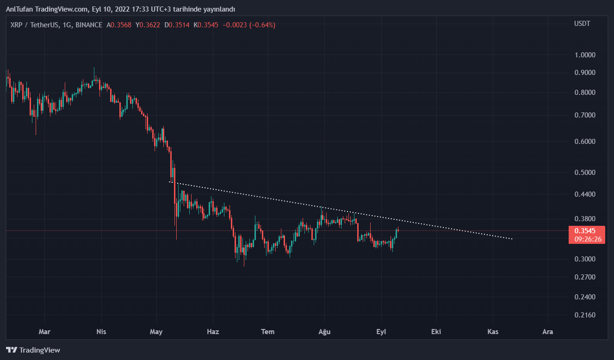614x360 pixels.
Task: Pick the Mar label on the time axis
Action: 44,332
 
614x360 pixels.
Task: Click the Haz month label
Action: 213,332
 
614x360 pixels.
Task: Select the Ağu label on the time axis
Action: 324,332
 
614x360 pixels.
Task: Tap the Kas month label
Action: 492,332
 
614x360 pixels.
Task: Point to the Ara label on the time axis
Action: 548,332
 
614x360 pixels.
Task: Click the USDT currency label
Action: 582,24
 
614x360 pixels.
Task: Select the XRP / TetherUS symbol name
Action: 34,25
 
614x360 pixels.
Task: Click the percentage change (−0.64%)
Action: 262,25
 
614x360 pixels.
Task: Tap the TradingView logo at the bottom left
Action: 33,350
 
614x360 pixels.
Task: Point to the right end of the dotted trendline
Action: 512,239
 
